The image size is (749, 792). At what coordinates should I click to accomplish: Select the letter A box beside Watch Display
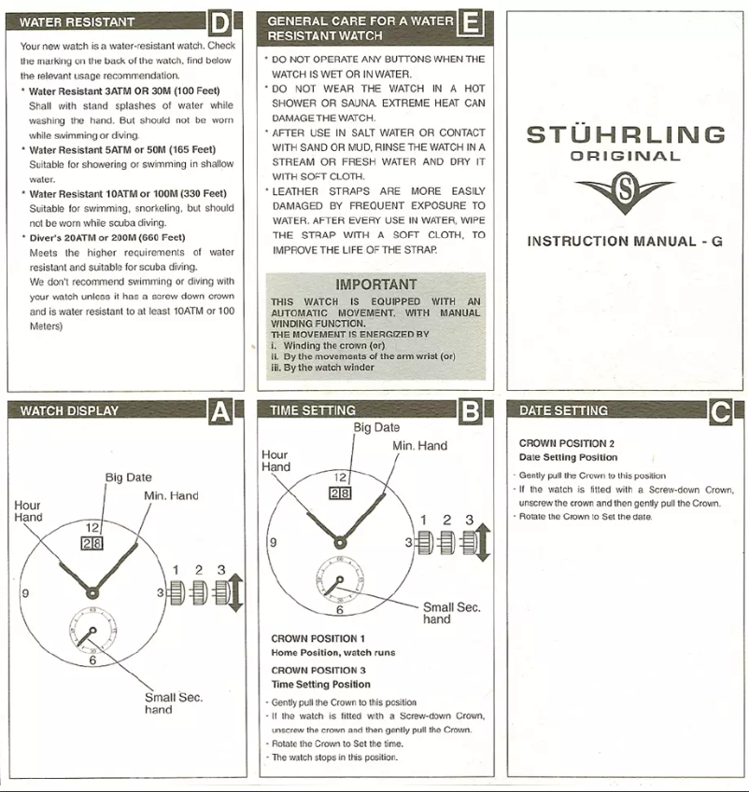coord(219,411)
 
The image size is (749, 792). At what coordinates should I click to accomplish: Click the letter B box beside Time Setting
coord(470,411)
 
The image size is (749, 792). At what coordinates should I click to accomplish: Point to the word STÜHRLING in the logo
coord(626,134)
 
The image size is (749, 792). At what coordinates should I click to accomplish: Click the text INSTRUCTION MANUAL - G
coord(625,241)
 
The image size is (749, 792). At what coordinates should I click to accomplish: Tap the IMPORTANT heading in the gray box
coord(376,285)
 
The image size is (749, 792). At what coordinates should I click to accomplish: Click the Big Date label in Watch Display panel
coord(129,478)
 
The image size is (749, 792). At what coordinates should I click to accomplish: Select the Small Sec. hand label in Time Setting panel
coord(451,612)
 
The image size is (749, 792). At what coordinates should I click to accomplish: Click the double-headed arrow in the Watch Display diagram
coord(235,593)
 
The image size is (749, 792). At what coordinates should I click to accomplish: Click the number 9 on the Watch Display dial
coord(24,592)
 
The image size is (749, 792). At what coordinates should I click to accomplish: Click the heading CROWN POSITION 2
coord(566,443)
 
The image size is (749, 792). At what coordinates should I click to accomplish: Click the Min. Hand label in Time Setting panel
coord(420,446)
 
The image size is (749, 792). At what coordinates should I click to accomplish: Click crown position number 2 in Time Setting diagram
coord(447,520)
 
